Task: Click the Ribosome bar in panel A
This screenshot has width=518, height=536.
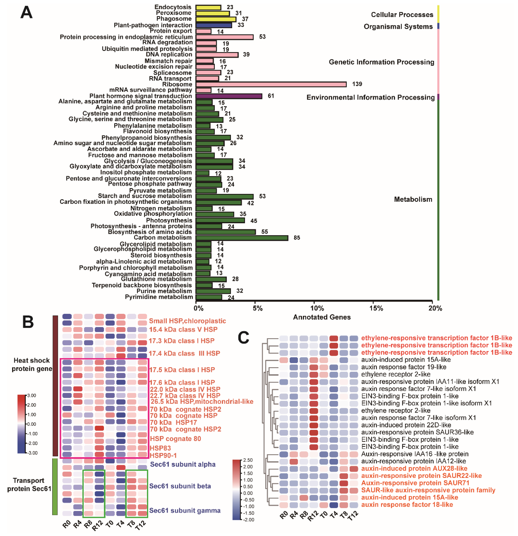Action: tap(271, 84)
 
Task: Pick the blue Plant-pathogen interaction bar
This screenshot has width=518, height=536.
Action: tap(213, 25)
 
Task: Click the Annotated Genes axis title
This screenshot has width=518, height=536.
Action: tap(322, 317)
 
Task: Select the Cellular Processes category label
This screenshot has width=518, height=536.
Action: tap(402, 14)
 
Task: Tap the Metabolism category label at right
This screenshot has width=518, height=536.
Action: tap(413, 199)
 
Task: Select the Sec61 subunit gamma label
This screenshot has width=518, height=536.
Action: tap(185, 510)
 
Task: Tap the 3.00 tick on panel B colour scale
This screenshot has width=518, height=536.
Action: tap(32, 395)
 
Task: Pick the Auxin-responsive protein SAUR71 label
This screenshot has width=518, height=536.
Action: tap(415, 483)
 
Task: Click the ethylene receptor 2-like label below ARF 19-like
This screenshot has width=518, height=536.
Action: tap(396, 374)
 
